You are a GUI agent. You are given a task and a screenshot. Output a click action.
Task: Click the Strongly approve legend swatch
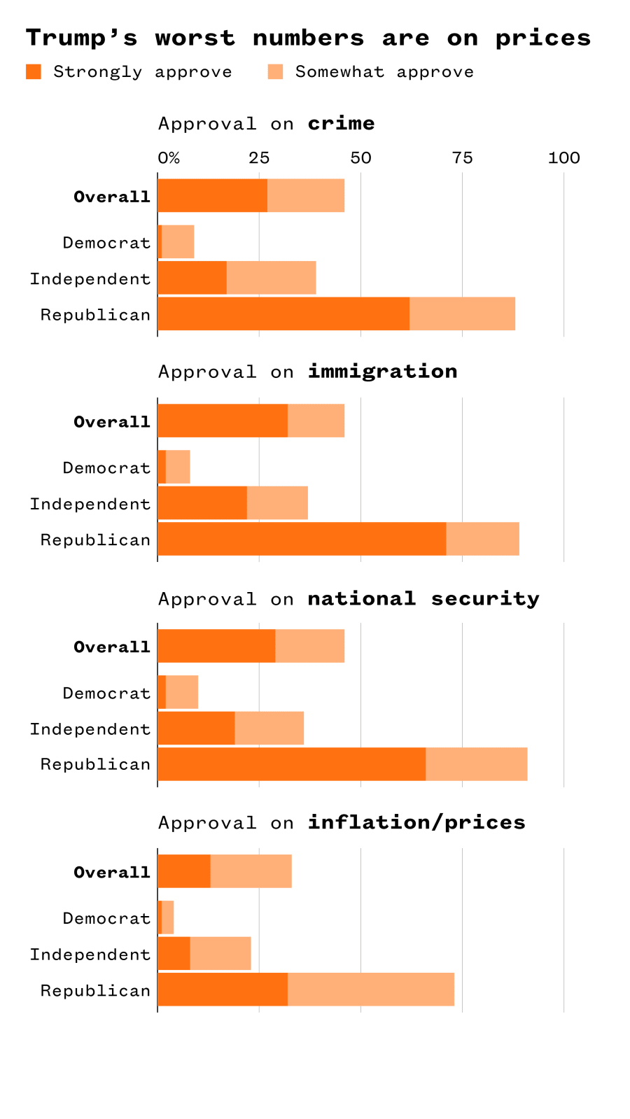coord(34,71)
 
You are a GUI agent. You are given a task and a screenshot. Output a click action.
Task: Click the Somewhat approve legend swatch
coord(275,71)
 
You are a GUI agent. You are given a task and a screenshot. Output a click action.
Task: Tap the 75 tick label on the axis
coord(462,158)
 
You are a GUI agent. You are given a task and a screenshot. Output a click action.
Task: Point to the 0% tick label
coord(169,158)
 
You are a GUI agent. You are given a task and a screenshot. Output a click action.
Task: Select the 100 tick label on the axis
coord(563,158)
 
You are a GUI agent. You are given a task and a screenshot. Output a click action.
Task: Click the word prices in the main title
coord(542,38)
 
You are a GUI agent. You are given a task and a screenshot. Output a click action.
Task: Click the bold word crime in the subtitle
coord(341,124)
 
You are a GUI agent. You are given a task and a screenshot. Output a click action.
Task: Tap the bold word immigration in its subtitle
coord(382,372)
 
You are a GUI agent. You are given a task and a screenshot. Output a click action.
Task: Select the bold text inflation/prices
coord(416,822)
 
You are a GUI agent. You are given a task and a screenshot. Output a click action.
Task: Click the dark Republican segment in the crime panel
coord(283,314)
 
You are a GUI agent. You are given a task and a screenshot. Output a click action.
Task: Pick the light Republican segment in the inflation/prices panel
coord(371,990)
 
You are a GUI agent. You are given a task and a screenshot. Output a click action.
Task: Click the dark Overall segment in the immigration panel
coord(223,421)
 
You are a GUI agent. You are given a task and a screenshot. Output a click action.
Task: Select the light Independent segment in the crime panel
coord(272,278)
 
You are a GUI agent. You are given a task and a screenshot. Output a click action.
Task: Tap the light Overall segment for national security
coord(309,646)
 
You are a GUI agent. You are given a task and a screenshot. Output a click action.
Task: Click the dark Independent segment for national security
coord(196,729)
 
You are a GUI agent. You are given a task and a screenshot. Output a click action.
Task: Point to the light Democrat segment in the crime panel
coord(178,242)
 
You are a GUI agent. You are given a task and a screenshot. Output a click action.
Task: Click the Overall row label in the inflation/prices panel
coord(112,873)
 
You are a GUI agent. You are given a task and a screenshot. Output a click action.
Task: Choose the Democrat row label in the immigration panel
coord(106,468)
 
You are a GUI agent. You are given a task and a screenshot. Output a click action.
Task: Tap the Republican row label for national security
coord(95,764)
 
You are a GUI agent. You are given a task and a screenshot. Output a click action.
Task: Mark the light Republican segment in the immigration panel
coord(482,539)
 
